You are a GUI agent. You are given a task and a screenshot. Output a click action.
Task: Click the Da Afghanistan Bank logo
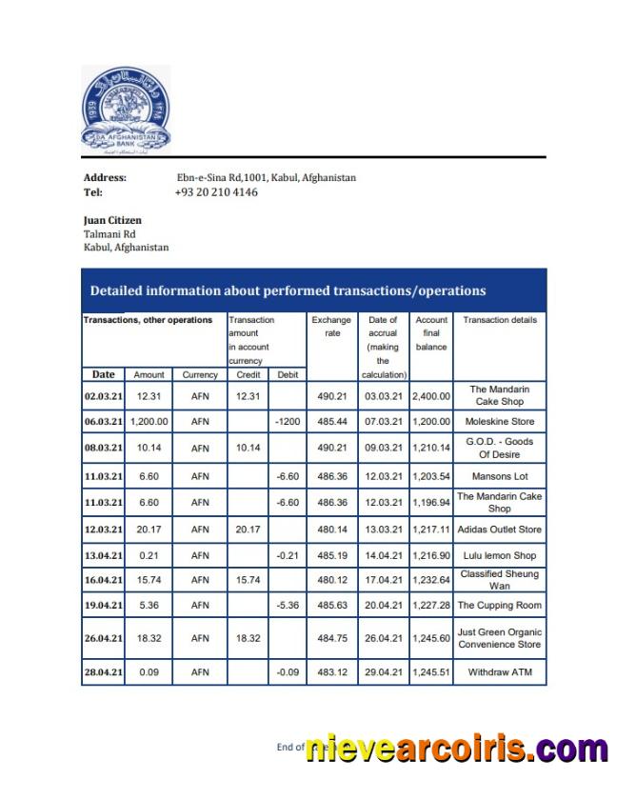pyautogui.click(x=126, y=110)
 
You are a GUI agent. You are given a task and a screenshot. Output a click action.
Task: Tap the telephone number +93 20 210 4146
pyautogui.click(x=216, y=192)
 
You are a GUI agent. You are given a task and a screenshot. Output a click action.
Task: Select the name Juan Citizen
pyautogui.click(x=112, y=220)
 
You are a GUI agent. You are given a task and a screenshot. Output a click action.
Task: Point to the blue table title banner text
pyautogui.click(x=288, y=290)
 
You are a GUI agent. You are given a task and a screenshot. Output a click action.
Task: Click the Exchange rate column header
pyautogui.click(x=331, y=327)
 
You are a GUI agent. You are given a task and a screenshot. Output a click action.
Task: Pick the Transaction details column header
pyautogui.click(x=499, y=320)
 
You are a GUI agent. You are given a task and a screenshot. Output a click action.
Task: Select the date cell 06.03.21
pyautogui.click(x=103, y=422)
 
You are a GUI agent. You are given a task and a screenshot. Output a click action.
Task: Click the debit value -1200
pyautogui.click(x=287, y=422)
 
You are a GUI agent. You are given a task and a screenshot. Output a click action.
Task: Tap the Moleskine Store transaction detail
pyautogui.click(x=499, y=422)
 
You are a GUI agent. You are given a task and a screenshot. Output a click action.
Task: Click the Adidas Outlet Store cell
pyautogui.click(x=499, y=530)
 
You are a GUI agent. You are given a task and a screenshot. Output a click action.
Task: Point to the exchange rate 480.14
pyautogui.click(x=331, y=530)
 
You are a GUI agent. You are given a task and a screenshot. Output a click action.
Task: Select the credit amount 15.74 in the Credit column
pyautogui.click(x=247, y=580)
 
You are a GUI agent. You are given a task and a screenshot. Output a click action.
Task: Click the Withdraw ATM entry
pyautogui.click(x=499, y=672)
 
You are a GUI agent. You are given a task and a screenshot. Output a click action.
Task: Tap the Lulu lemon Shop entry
pyautogui.click(x=499, y=555)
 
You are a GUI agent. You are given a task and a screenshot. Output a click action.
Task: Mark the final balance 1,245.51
pyautogui.click(x=430, y=672)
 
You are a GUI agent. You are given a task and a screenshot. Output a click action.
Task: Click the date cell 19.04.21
pyautogui.click(x=103, y=606)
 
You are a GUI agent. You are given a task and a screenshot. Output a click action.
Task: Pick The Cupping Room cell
pyautogui.click(x=499, y=606)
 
